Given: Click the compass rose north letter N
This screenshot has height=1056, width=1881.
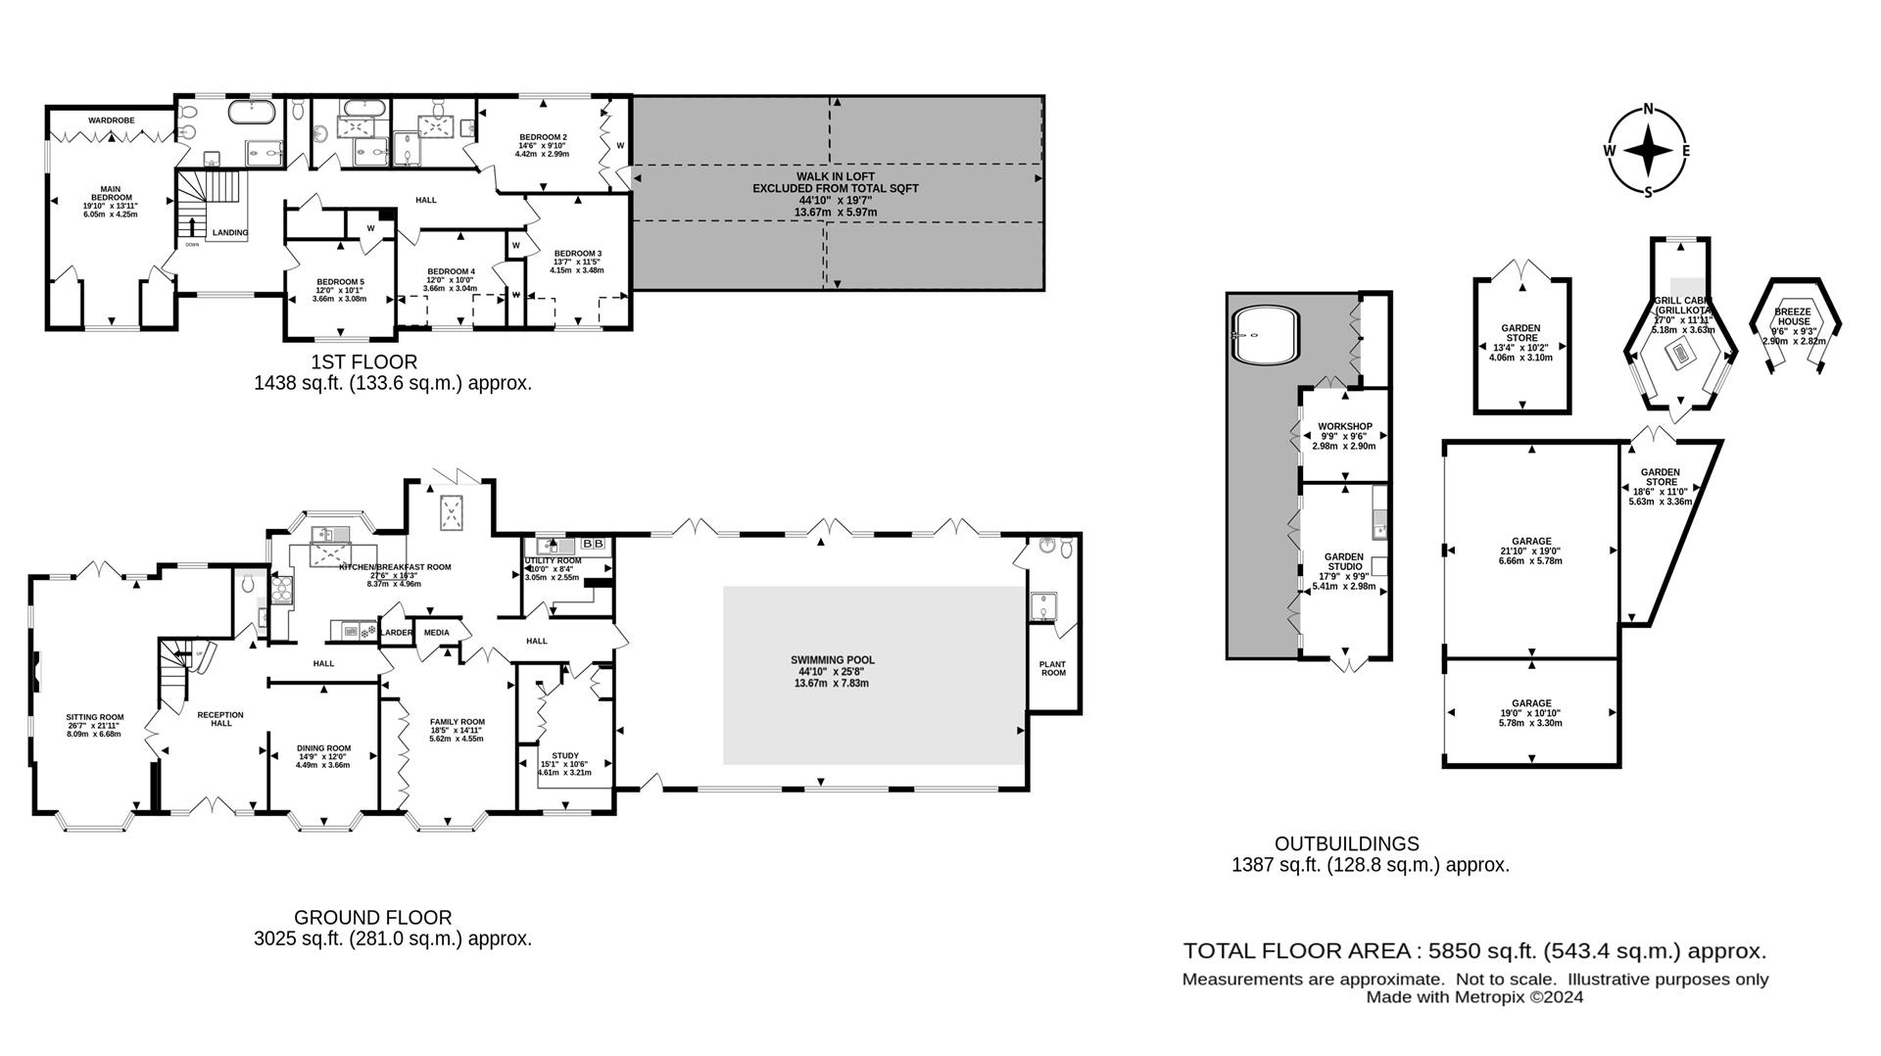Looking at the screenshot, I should click(1649, 109).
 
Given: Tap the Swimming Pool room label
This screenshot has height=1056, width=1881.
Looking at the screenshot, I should click(832, 660).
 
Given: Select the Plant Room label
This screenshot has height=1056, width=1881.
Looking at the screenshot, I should click(1053, 668).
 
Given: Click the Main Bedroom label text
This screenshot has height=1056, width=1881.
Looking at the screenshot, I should click(110, 194).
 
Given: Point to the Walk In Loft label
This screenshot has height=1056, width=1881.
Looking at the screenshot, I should click(836, 176).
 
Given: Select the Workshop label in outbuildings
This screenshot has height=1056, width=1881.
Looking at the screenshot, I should click(1344, 426).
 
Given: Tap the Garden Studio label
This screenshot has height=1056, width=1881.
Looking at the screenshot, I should click(1344, 561).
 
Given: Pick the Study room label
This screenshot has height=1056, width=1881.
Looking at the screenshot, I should click(564, 755).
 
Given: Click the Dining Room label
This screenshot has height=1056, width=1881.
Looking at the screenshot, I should click(323, 748).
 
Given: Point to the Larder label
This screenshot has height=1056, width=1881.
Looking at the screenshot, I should click(396, 633).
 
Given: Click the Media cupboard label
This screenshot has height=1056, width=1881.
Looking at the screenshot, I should click(436, 633).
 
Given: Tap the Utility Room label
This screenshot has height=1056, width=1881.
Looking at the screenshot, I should click(553, 561).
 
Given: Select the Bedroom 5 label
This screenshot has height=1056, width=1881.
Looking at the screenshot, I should click(340, 282).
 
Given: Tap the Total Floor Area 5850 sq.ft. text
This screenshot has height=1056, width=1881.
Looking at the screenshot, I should click(1474, 950).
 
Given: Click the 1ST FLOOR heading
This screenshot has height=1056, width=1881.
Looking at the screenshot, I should click(363, 361).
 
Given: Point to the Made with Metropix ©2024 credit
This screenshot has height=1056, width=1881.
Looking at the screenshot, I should click(1474, 997).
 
